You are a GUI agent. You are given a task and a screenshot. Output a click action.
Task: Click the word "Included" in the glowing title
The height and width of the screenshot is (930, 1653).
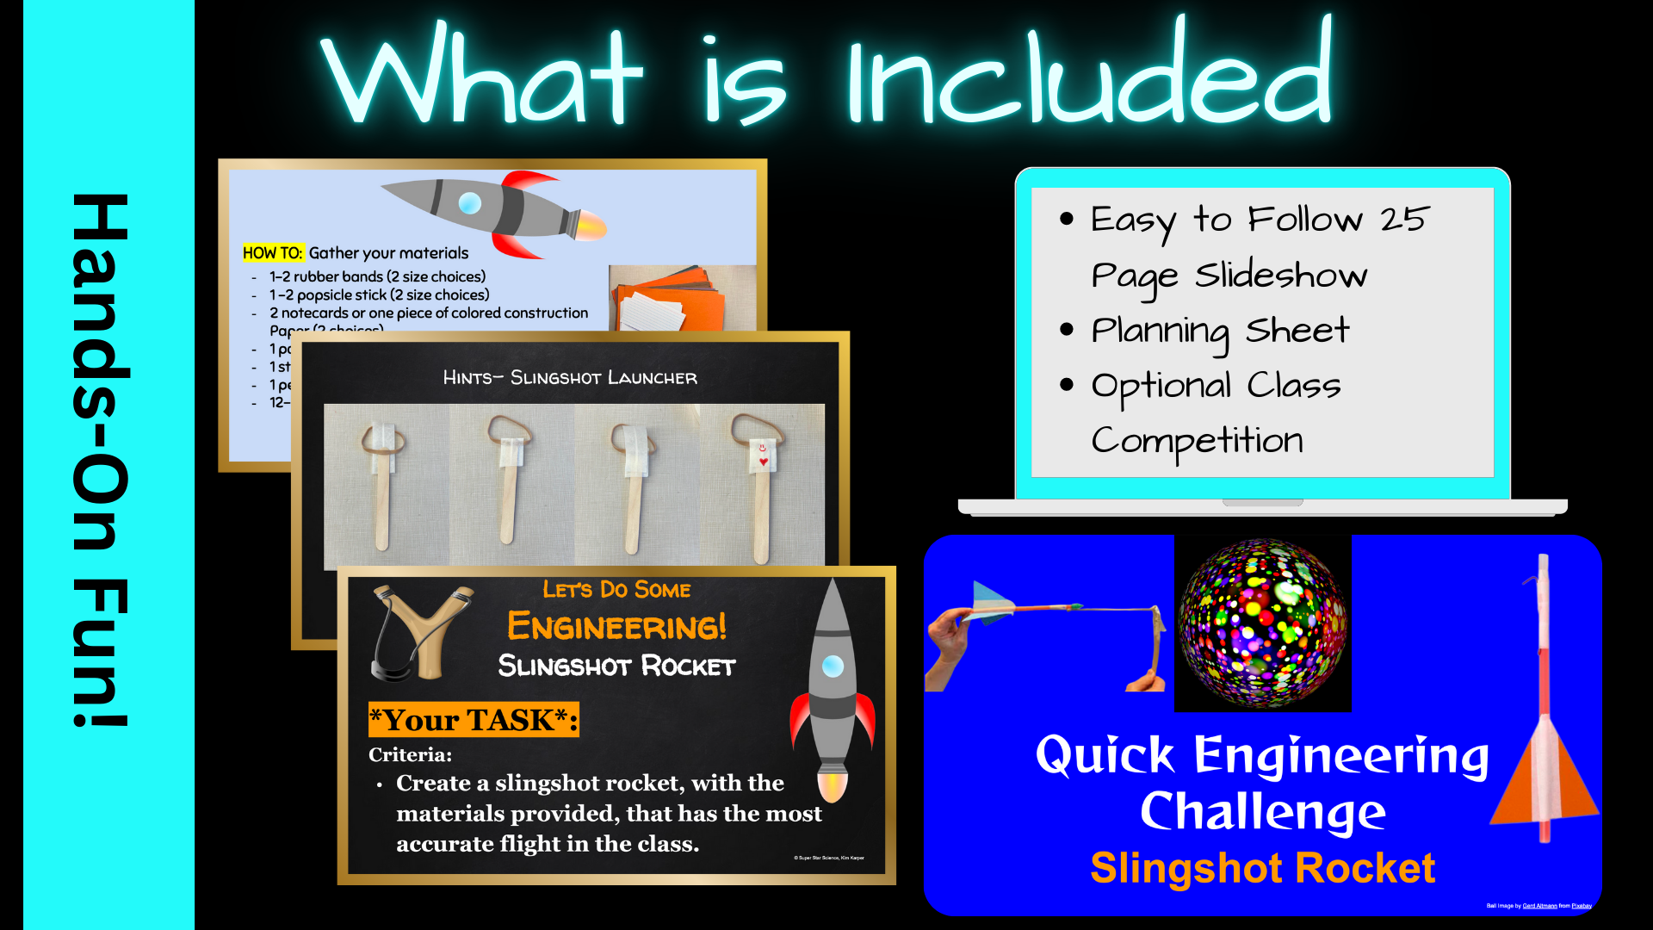click(1089, 77)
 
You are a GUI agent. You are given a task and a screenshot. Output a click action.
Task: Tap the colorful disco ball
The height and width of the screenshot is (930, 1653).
click(1262, 623)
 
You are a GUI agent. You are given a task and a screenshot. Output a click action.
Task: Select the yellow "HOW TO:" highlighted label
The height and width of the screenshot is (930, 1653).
click(273, 253)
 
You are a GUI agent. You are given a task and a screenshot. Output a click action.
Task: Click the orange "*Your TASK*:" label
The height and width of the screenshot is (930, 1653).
click(473, 720)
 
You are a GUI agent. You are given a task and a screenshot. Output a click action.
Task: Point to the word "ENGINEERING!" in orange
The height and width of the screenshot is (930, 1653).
click(616, 626)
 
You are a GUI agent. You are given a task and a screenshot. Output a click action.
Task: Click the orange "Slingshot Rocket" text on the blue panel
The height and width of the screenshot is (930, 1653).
click(1262, 868)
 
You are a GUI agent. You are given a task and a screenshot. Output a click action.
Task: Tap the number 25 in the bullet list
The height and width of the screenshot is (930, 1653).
click(1404, 220)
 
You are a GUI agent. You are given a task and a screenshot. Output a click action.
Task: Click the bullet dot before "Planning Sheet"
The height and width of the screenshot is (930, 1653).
click(1067, 330)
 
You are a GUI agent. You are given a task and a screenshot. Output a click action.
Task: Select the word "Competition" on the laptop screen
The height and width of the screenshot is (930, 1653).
click(1197, 441)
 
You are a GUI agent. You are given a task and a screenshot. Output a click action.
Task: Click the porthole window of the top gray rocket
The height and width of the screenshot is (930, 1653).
click(470, 203)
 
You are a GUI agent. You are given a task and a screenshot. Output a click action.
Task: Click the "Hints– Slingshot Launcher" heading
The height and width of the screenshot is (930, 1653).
click(570, 377)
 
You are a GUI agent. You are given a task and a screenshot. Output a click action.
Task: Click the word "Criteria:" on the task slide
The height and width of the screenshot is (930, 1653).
click(410, 754)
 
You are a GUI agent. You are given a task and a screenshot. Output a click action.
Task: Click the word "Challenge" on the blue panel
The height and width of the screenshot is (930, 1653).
click(1262, 812)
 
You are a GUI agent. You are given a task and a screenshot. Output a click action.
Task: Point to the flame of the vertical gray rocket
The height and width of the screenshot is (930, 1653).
click(833, 785)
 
